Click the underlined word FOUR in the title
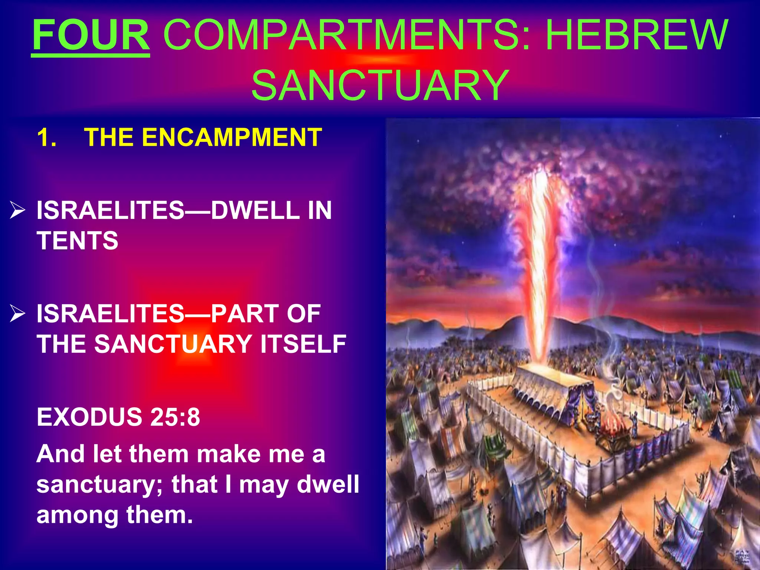[x=91, y=35]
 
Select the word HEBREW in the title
[x=637, y=35]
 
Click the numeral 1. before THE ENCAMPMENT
[x=47, y=137]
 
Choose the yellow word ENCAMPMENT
[x=232, y=137]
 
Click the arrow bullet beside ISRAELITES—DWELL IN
[x=17, y=211]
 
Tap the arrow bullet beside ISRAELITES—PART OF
[x=17, y=314]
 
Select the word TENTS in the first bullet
[x=77, y=240]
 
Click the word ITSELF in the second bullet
[x=303, y=344]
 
